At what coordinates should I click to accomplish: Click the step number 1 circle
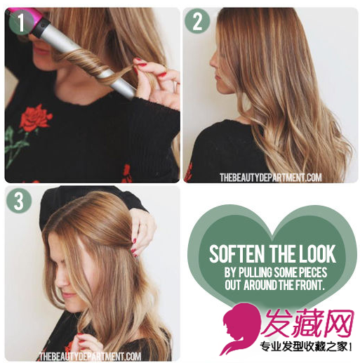(21, 22)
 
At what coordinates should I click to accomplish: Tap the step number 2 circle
(197, 21)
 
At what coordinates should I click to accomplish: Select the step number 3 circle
(19, 200)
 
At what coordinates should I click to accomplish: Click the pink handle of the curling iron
(22, 15)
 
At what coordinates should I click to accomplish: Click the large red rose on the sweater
(34, 119)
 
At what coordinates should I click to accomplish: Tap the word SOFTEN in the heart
(236, 253)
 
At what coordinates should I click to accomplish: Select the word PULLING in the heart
(255, 272)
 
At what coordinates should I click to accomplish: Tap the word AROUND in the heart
(260, 285)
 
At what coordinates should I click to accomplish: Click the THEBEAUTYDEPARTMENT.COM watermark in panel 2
(271, 178)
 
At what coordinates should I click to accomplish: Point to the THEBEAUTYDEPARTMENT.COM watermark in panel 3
(90, 357)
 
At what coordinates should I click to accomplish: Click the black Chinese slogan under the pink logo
(306, 347)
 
